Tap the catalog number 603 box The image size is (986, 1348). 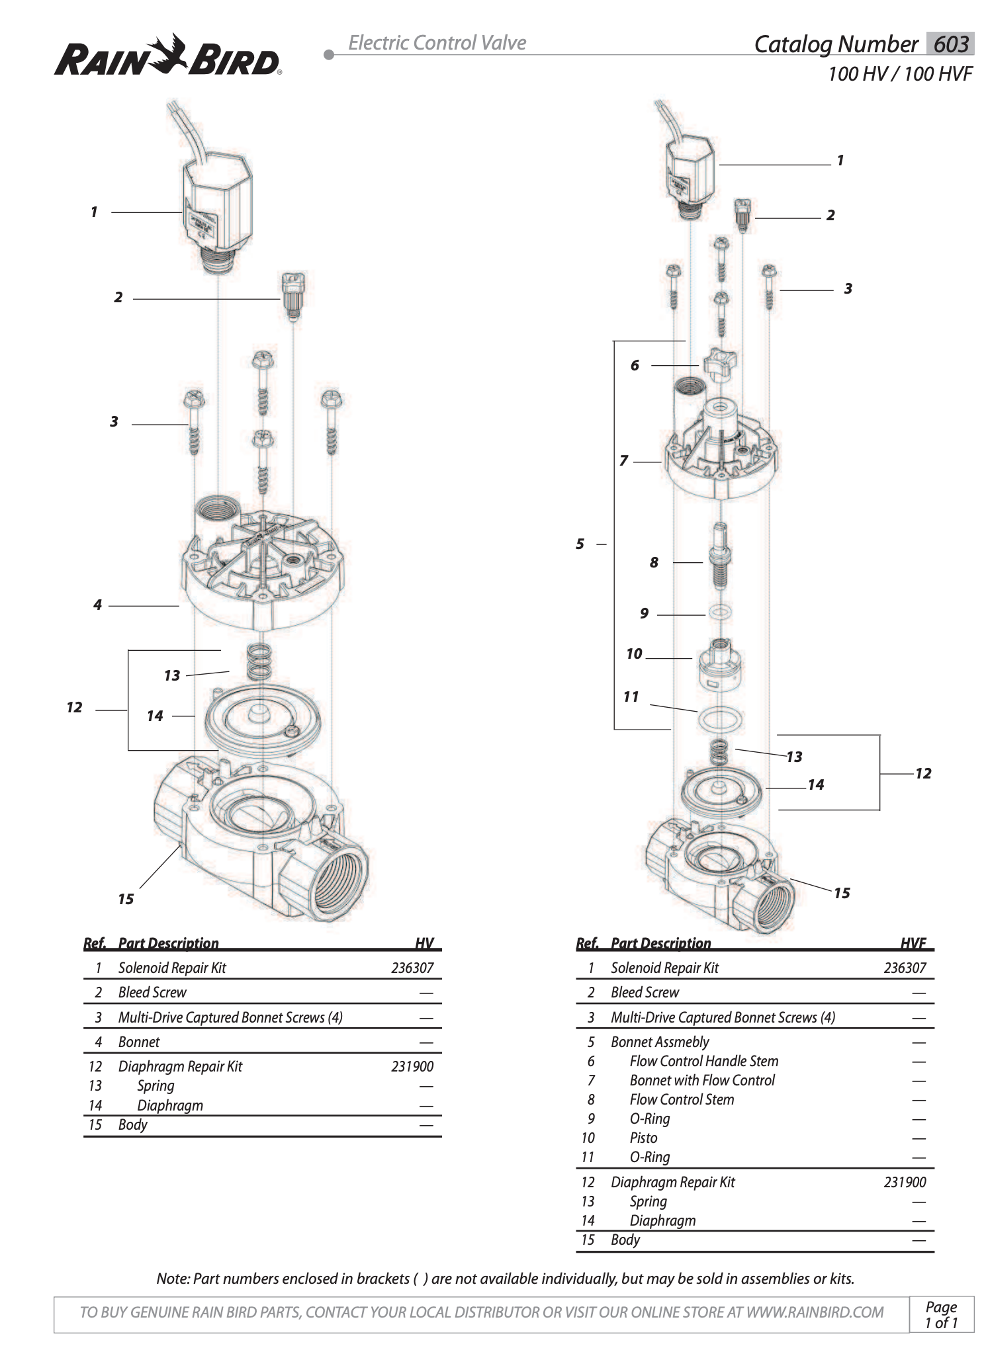click(x=950, y=44)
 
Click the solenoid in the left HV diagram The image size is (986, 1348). click(x=218, y=212)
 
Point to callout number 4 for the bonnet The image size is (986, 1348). click(x=97, y=605)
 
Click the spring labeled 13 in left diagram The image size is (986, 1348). click(x=259, y=662)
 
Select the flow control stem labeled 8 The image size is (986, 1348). click(x=721, y=556)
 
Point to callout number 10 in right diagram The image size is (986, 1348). click(x=634, y=654)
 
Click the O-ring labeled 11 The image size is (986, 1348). click(x=720, y=718)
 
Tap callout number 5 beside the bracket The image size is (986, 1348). click(x=580, y=544)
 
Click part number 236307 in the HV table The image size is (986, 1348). click(x=412, y=968)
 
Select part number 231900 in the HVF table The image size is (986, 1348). click(x=904, y=1182)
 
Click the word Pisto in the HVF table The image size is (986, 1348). click(x=643, y=1138)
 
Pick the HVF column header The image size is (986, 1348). click(x=913, y=943)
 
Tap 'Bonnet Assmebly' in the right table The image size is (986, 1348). click(x=660, y=1042)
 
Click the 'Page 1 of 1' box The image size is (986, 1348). click(x=941, y=1314)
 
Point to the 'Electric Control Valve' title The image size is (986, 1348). click(x=437, y=43)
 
